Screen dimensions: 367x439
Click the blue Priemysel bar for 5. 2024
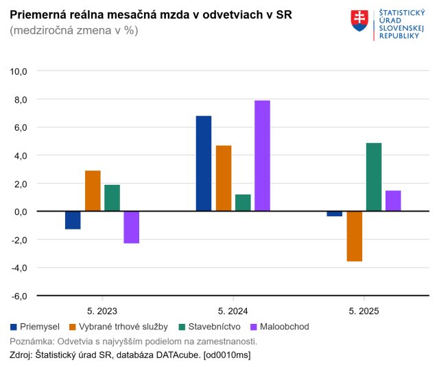coord(204,164)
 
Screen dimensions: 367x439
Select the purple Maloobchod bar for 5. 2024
coord(262,156)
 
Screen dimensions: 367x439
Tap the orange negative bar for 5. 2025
coord(355,236)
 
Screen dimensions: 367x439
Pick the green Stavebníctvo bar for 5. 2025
coord(374,177)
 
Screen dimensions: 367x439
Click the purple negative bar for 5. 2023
coord(132,227)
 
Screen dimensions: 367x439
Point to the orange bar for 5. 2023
coord(93,191)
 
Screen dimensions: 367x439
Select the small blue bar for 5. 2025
coord(335,214)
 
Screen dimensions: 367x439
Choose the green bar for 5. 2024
coord(243,203)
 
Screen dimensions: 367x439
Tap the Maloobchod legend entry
coord(281,327)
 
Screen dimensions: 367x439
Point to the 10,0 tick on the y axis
coord(18,71)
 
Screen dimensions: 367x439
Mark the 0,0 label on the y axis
coord(19,212)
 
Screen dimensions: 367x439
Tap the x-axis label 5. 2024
coord(233,311)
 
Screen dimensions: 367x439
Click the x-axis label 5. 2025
coord(364,311)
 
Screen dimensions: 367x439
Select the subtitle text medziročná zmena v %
coord(74,31)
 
